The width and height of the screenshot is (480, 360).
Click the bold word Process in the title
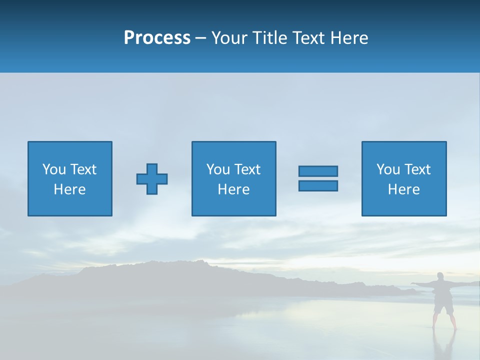coord(157,37)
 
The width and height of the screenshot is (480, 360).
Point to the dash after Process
coord(201,38)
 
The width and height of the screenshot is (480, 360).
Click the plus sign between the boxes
coord(152,178)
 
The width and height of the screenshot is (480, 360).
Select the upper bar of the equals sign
coord(318,171)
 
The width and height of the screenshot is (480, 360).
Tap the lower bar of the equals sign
coord(318,185)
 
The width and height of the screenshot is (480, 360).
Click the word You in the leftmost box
coord(54,169)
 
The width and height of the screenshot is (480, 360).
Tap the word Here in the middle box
coord(233,189)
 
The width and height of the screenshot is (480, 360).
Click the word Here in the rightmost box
coord(403,189)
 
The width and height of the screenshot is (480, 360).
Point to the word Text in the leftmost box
coord(83,169)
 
